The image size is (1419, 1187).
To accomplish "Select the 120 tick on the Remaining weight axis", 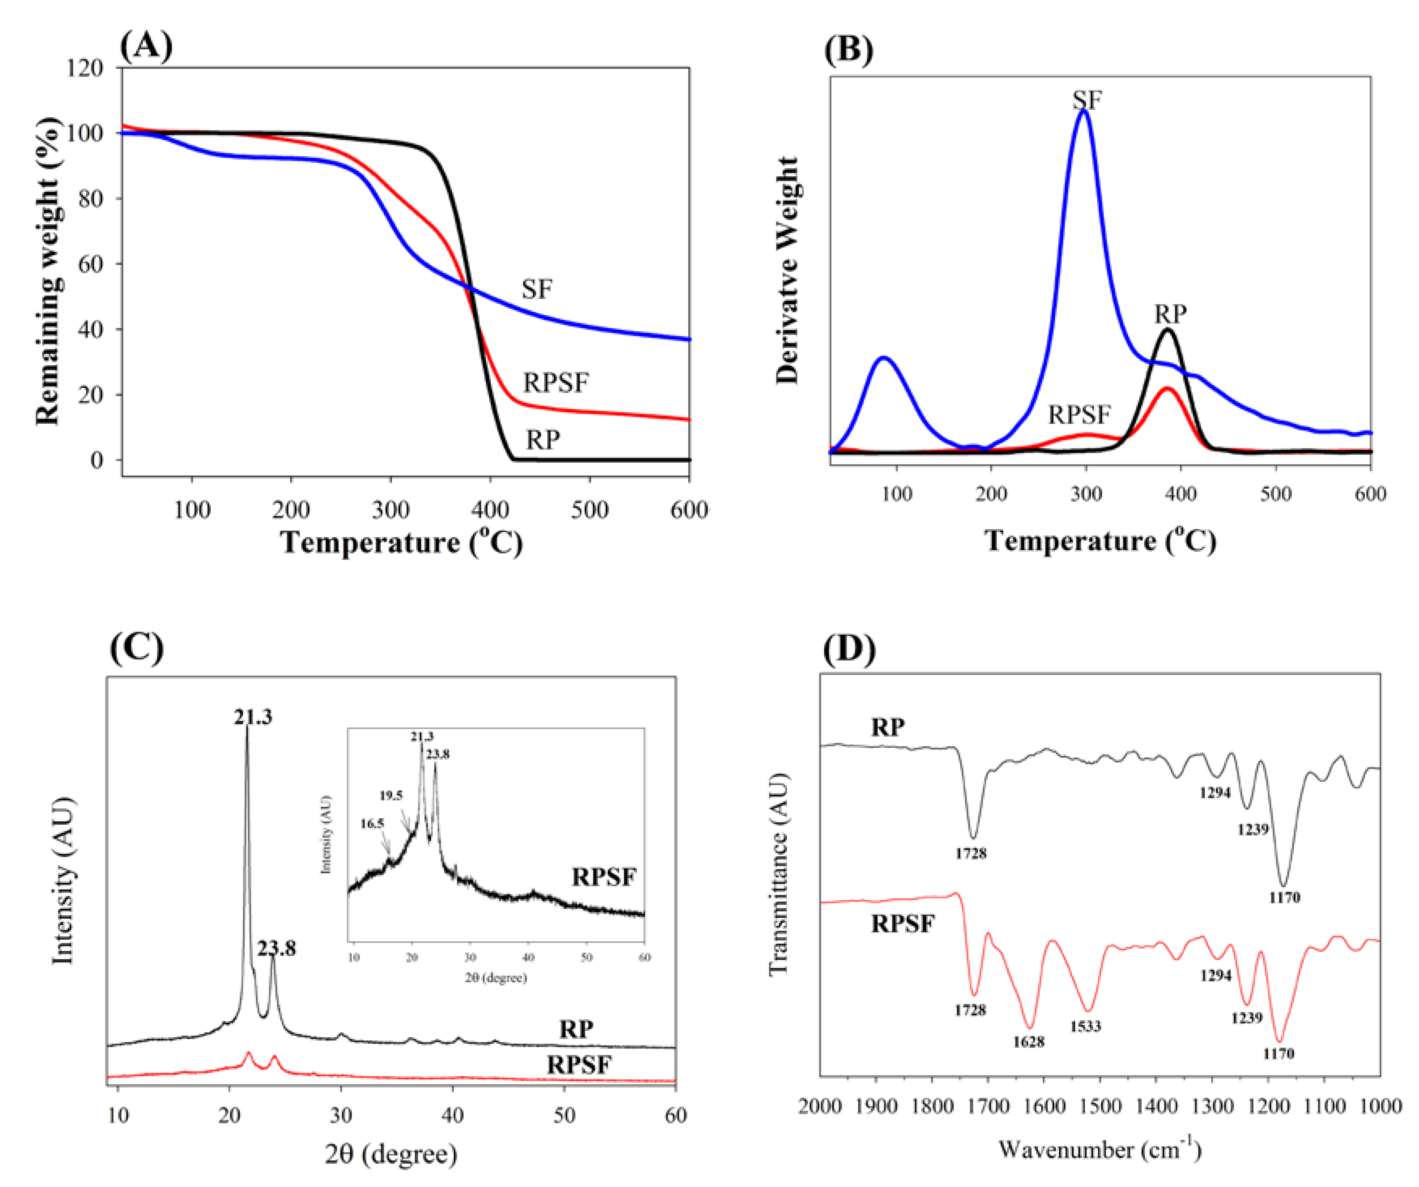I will (85, 68).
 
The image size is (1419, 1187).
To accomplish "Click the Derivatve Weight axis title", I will (788, 270).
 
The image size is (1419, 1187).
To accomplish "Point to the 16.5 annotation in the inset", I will (372, 823).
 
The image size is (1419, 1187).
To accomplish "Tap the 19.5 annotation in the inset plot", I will (390, 796).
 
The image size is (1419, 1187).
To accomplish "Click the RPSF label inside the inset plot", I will (603, 878).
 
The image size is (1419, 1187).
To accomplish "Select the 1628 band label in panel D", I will (1029, 1042).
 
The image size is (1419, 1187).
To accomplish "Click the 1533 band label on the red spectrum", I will (1085, 1026).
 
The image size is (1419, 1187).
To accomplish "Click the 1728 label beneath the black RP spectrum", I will (971, 853).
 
